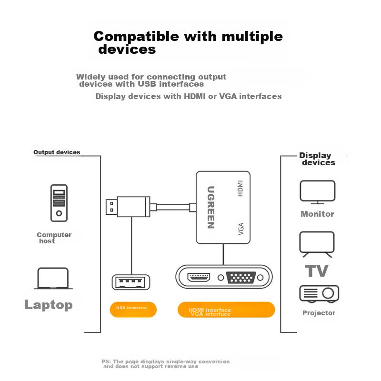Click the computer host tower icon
[x=59, y=203]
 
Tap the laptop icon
[x=53, y=278]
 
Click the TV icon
[x=317, y=243]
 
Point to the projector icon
[x=319, y=294]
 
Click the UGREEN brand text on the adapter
[x=211, y=207]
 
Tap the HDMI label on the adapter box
[x=241, y=188]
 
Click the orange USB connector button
[x=133, y=309]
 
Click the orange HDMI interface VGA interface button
[x=226, y=310]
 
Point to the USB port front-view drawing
[x=130, y=282]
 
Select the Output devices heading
[x=57, y=152]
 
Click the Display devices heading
[x=316, y=159]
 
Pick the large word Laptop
[x=49, y=305]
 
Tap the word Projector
[x=319, y=313]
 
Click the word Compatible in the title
[x=136, y=37]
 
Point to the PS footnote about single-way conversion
[x=165, y=364]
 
